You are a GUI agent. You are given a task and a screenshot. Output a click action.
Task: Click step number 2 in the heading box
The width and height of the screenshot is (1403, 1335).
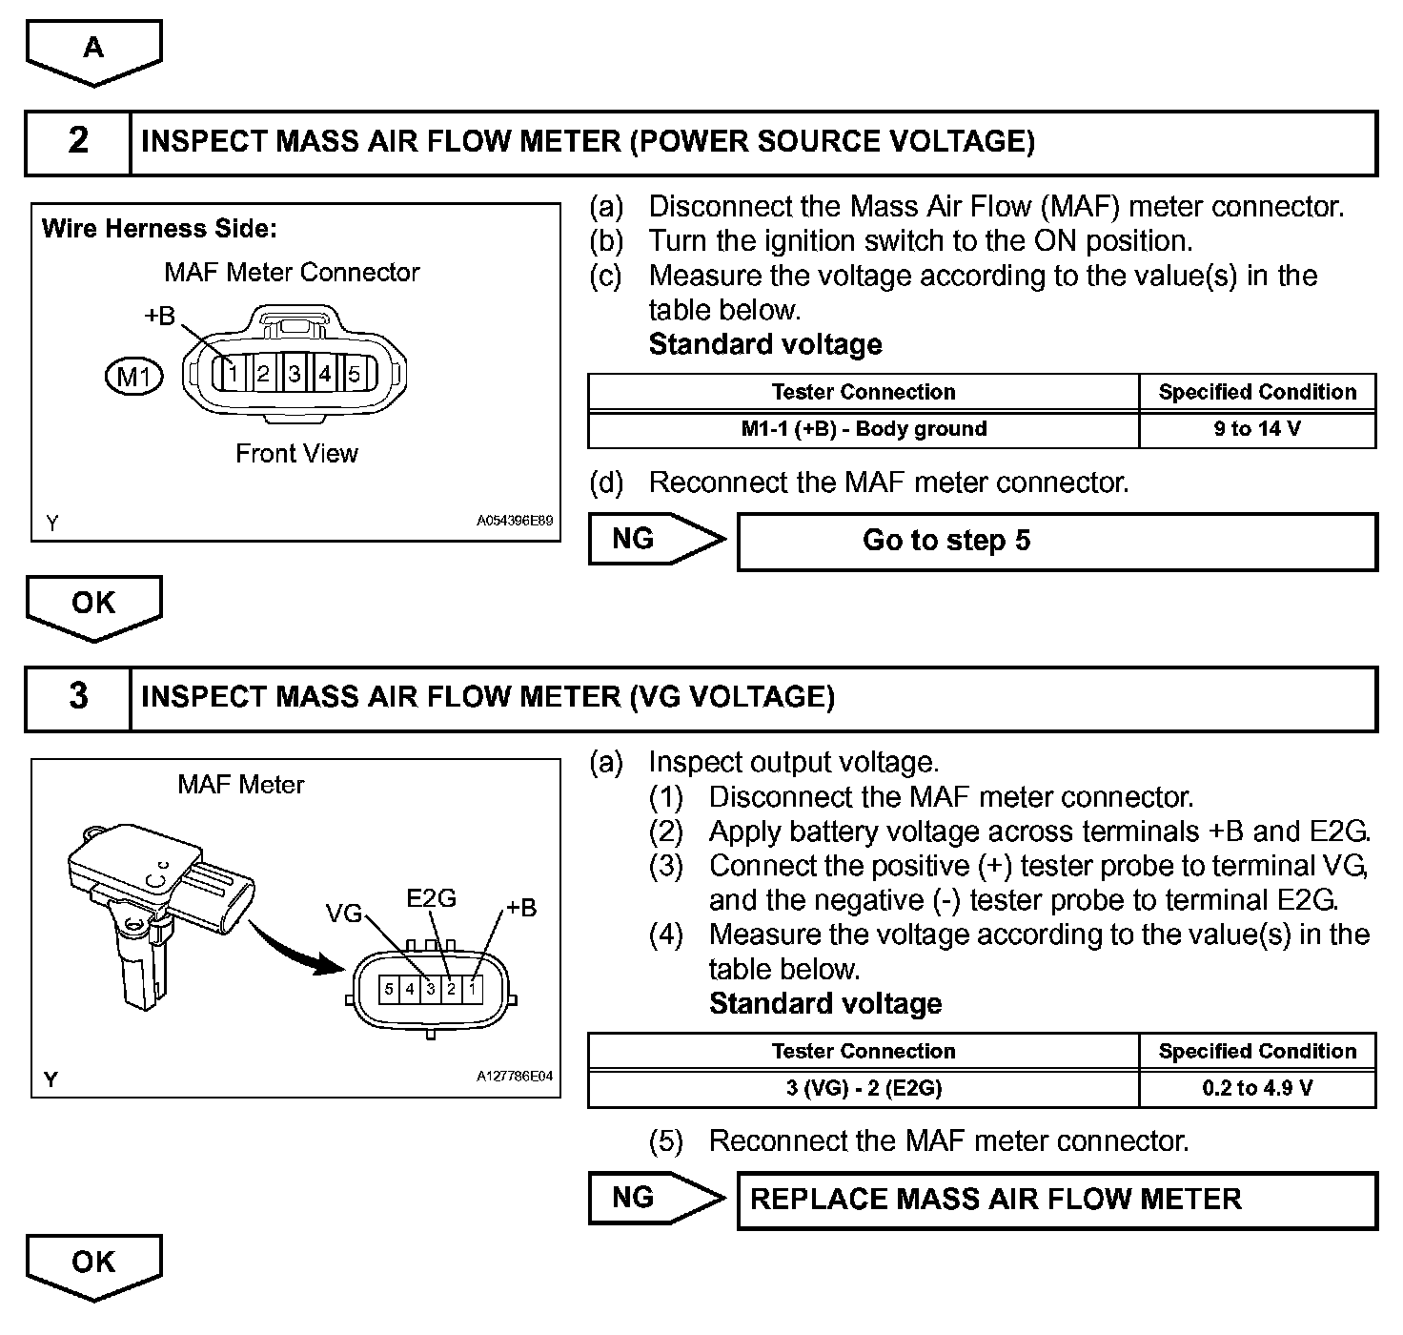tap(78, 142)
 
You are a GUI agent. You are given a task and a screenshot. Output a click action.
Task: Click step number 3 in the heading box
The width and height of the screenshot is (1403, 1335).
tap(78, 697)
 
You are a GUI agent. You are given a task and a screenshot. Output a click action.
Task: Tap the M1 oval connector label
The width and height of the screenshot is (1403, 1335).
tap(133, 377)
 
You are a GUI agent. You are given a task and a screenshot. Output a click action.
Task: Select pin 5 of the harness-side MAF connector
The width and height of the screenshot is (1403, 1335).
tap(354, 374)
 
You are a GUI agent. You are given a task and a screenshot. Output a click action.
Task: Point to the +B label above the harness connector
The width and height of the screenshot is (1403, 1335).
tap(160, 315)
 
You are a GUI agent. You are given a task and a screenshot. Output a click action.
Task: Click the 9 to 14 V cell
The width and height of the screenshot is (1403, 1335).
tap(1257, 429)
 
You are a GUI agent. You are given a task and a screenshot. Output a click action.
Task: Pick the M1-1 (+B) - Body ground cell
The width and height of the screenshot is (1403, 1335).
tap(864, 429)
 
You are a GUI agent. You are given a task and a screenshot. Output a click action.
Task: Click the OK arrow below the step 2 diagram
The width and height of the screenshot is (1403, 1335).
tap(93, 605)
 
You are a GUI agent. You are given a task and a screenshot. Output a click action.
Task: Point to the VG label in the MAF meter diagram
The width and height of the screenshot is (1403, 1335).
tap(344, 914)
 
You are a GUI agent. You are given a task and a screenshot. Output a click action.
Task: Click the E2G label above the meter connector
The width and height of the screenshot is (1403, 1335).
tap(431, 897)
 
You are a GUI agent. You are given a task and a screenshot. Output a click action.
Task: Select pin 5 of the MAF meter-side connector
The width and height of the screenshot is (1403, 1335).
tap(389, 989)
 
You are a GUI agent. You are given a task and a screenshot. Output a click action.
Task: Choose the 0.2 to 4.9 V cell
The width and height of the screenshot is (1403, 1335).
tap(1257, 1088)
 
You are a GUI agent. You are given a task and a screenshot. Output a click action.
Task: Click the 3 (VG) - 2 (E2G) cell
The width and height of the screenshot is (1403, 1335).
tap(864, 1088)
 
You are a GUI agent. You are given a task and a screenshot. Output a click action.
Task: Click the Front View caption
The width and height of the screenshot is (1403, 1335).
tap(296, 454)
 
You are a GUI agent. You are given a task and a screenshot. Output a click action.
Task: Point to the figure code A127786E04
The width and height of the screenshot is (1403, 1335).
tap(515, 1077)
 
